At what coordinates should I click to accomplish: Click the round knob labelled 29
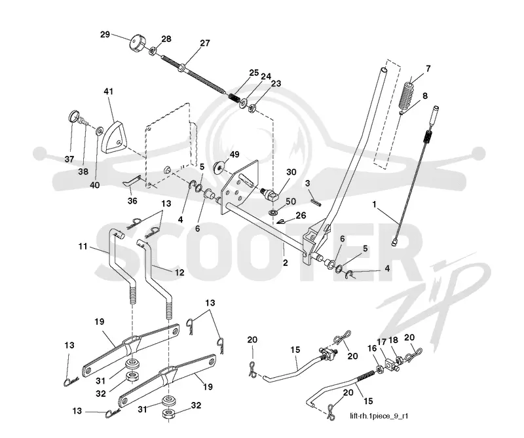(136, 43)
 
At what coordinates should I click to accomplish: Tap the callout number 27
(205, 43)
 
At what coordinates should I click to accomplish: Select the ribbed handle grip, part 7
(406, 94)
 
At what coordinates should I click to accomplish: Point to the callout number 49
(234, 155)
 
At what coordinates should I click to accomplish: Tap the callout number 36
(132, 201)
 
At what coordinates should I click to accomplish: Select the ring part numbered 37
(75, 117)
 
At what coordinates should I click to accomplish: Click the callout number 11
(83, 247)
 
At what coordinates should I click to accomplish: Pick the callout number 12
(179, 272)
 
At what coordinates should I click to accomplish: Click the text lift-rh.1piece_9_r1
(379, 416)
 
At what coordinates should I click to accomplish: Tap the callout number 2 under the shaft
(285, 263)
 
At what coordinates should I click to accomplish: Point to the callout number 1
(375, 204)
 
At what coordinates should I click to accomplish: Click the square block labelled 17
(390, 365)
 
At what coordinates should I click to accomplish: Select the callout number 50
(291, 202)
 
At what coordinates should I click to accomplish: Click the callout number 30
(291, 172)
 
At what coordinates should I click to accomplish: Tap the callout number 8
(424, 96)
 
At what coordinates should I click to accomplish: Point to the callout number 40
(95, 185)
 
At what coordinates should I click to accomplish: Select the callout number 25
(254, 73)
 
